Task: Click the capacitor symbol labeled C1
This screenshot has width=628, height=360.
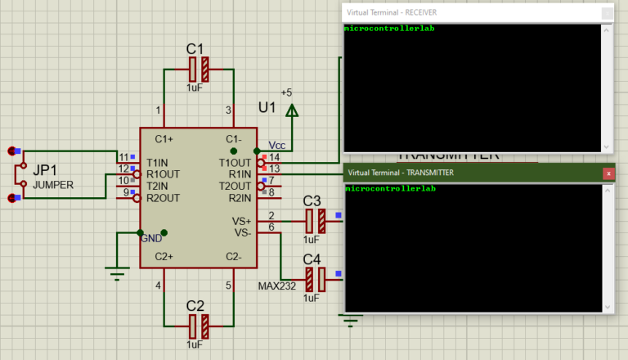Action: (199, 70)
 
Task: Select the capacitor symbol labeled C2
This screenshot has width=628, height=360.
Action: (199, 328)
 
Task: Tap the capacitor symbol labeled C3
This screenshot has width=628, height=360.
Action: (315, 221)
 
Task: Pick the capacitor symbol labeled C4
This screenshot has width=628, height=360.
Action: (315, 280)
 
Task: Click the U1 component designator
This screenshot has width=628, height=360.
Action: (267, 107)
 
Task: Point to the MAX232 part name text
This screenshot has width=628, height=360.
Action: (276, 286)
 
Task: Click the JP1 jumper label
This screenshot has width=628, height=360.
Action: (45, 170)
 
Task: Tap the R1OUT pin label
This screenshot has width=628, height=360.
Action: (163, 173)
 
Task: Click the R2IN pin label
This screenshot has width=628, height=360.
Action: (240, 197)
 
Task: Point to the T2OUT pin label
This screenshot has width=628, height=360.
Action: (235, 186)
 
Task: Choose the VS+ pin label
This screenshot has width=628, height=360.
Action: (242, 221)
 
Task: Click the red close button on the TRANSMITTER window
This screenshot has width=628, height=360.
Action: (608, 173)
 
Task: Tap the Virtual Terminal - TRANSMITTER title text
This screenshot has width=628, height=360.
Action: (400, 173)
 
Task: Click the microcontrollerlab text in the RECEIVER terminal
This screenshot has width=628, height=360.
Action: (389, 29)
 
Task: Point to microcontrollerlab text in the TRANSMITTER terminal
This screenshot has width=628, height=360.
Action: (390, 189)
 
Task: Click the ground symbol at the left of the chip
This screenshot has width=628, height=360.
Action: (119, 274)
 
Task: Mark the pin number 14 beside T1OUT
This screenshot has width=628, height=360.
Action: (274, 157)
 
